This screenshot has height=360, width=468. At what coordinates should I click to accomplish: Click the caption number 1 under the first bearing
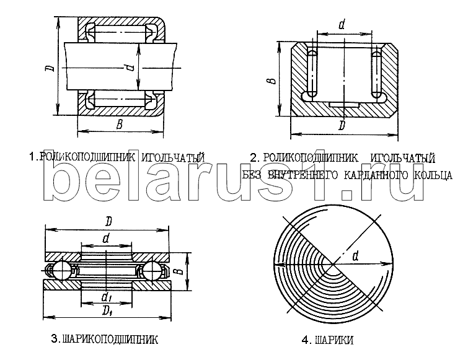pos(32,157)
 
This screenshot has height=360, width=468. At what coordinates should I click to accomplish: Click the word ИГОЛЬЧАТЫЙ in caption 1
pos(172,157)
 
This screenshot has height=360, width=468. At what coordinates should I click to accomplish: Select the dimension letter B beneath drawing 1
pos(120,124)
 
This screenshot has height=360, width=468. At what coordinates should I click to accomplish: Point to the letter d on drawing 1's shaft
pos(129,69)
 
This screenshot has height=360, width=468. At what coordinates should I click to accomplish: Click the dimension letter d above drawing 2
pos(342,24)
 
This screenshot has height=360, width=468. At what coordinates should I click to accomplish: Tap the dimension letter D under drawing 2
pos(342,125)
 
